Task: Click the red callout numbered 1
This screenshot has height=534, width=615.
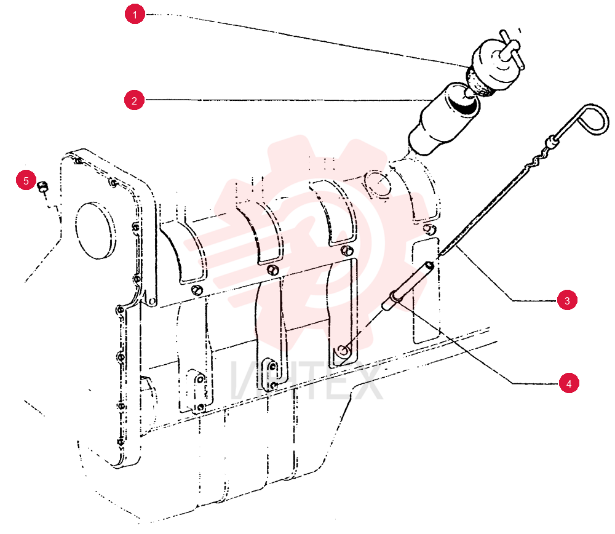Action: tap(135, 14)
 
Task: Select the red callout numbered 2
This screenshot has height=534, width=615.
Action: tap(134, 100)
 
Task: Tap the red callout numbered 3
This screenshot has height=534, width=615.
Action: tap(567, 300)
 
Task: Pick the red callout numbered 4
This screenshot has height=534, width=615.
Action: tap(569, 383)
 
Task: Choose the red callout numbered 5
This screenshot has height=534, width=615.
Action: tap(26, 180)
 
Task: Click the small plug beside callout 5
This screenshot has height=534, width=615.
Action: tap(42, 186)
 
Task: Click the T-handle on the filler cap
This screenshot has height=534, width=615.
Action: tap(511, 49)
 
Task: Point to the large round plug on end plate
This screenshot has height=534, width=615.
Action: tap(95, 231)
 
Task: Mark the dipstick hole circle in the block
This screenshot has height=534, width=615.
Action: tap(343, 351)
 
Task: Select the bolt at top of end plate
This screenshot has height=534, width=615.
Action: tap(78, 160)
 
